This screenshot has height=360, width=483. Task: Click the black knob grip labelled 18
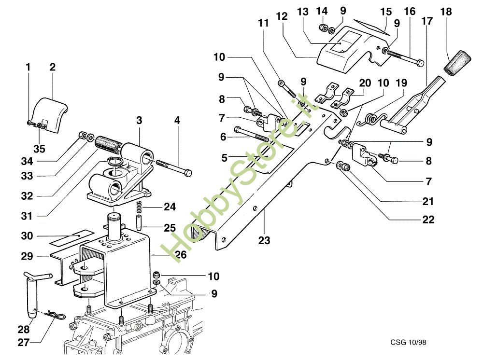458,63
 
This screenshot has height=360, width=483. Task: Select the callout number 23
265,240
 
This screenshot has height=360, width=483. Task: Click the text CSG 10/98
409,342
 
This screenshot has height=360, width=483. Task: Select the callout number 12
283,16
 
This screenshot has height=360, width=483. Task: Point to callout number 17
426,22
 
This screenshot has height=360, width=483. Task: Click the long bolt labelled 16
403,56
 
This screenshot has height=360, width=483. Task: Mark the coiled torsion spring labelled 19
372,119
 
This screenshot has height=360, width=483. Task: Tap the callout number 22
428,220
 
